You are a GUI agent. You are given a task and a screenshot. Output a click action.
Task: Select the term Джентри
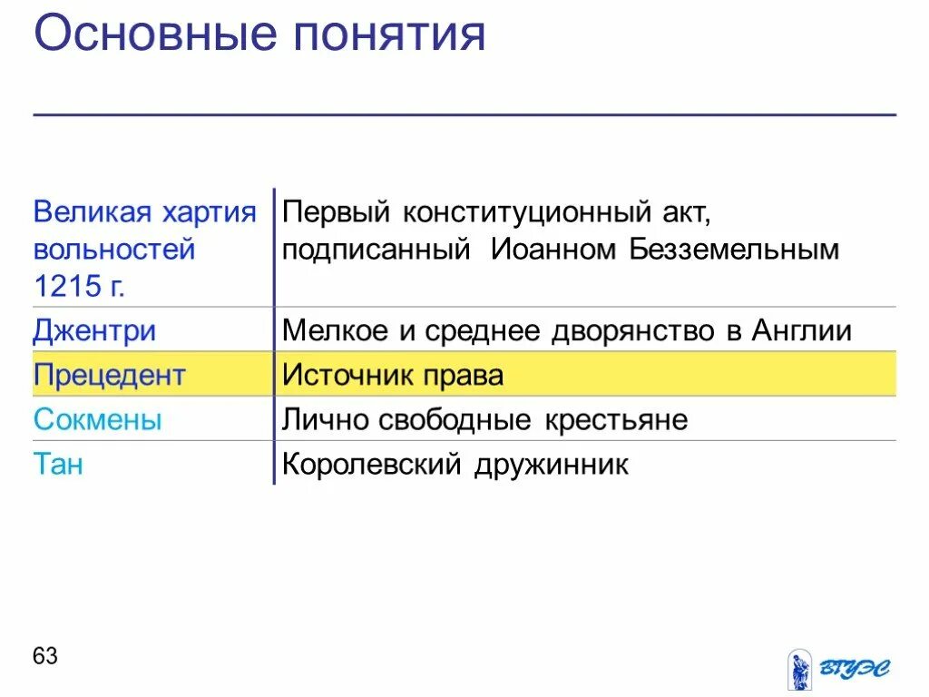pyautogui.click(x=94, y=330)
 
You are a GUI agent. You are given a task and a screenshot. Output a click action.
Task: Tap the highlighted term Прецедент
pyautogui.click(x=109, y=375)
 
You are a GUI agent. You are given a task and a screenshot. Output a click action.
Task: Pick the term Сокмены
pyautogui.click(x=97, y=419)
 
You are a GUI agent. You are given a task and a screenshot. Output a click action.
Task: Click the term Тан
pyautogui.click(x=58, y=464)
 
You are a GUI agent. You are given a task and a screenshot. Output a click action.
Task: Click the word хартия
pyautogui.click(x=210, y=212)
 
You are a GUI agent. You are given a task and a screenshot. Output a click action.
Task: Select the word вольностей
pyautogui.click(x=114, y=250)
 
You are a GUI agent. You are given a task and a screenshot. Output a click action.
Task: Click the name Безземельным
pyautogui.click(x=734, y=250)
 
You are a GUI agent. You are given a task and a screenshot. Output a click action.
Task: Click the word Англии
pyautogui.click(x=802, y=330)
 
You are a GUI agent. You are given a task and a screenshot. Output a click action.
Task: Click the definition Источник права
pyautogui.click(x=392, y=375)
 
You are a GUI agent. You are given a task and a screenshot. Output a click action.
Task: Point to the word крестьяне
pyautogui.click(x=616, y=419)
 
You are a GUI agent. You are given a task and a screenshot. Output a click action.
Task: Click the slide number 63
pyautogui.click(x=45, y=655)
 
